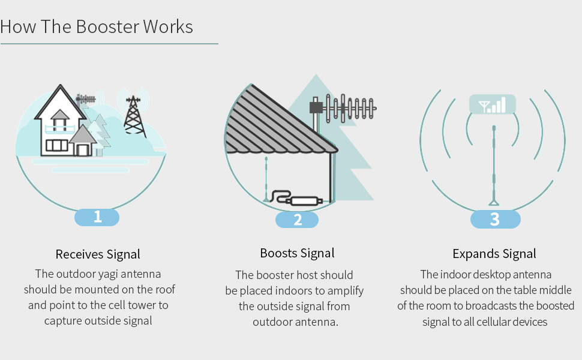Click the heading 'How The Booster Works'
(97, 27)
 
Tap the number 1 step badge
(97, 217)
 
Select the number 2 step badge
(297, 220)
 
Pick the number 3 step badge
(495, 219)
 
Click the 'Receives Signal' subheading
(98, 254)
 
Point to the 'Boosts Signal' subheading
(297, 253)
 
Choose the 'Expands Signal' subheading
(494, 253)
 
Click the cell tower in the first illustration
(134, 114)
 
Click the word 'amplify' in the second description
(345, 291)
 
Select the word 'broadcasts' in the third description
(500, 306)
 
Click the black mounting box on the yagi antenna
(315, 107)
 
